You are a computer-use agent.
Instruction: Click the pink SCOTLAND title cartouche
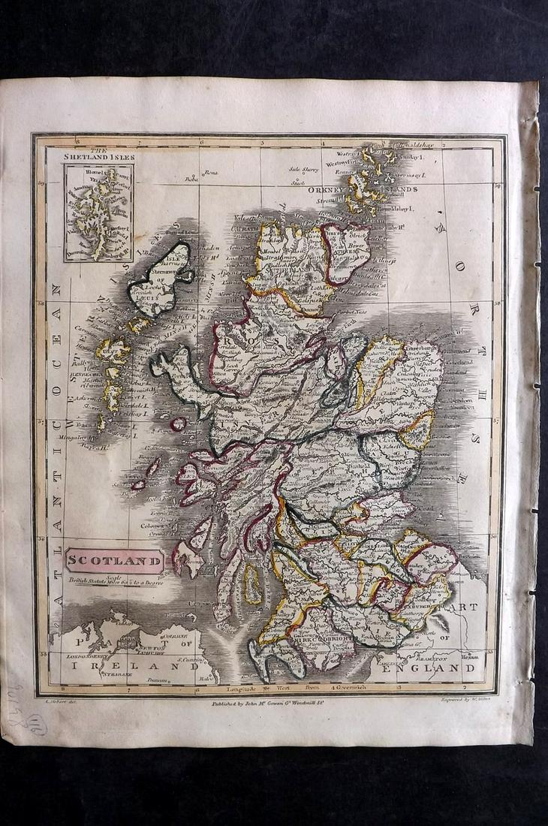(x=115, y=559)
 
